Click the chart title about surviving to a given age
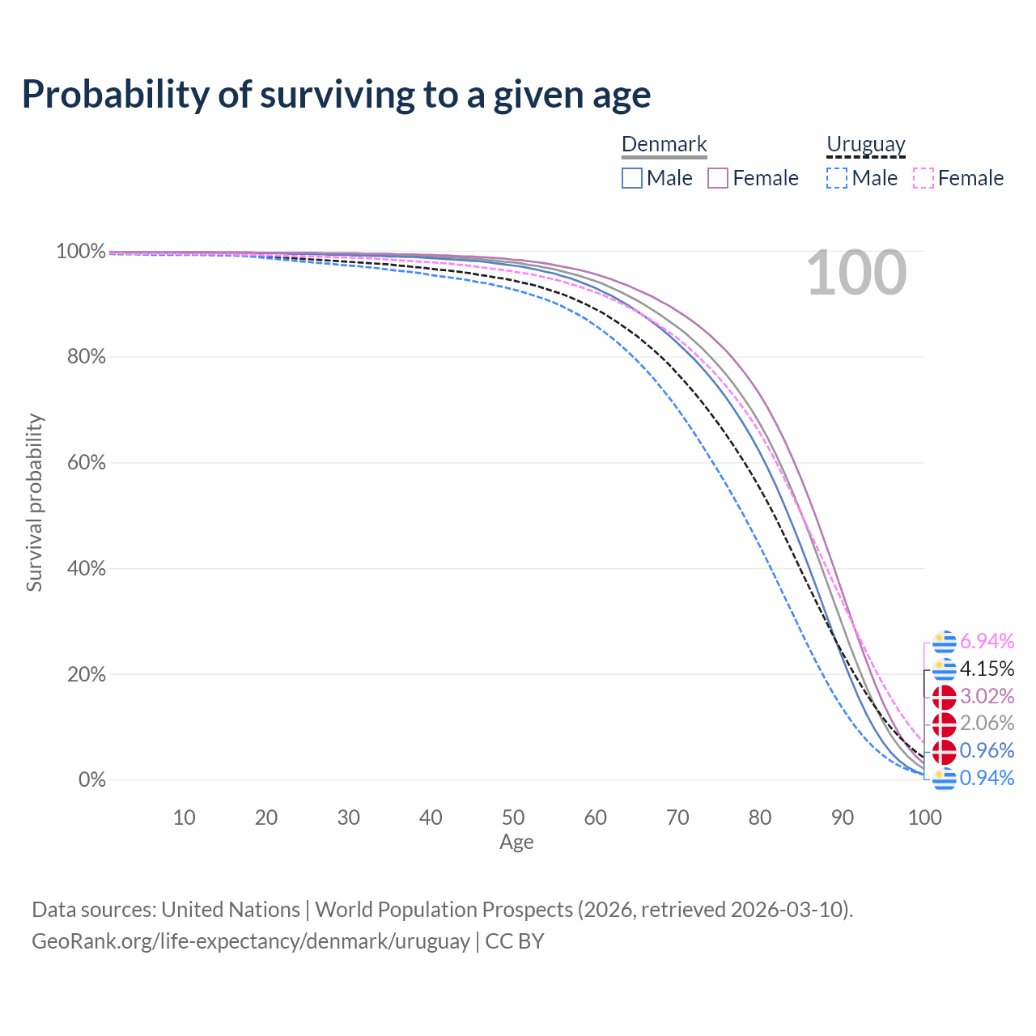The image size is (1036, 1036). coord(336,95)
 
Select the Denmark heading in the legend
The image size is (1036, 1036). coord(664,144)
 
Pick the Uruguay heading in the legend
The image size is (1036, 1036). coord(865,144)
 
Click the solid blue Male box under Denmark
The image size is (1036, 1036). coord(631,178)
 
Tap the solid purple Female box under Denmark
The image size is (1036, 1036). coord(717,178)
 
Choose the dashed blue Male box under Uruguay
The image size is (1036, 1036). coord(837,178)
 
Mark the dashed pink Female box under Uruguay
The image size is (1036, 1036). coord(923,178)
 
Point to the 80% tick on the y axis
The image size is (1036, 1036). coord(86,356)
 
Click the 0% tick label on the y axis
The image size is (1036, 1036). coord(92,779)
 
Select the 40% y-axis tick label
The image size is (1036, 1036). coord(86,568)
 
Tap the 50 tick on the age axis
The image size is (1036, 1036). coord(513,817)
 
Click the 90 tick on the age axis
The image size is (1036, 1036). coord(843,817)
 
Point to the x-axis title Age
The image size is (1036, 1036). coord(516,842)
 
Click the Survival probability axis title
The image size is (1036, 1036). coord(35,503)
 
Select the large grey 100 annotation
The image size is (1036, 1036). coord(856,273)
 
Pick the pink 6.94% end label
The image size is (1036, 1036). coord(987,641)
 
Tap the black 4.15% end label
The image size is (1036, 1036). coord(987,669)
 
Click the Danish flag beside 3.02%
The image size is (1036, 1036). coord(944,697)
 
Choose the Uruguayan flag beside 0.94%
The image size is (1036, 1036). coord(944,779)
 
